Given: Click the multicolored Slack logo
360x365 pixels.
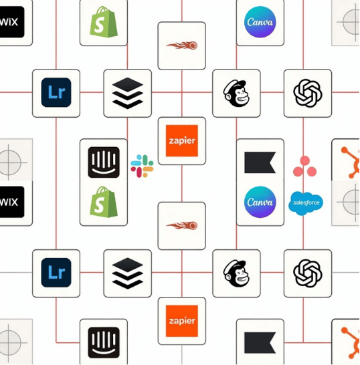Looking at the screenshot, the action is [142, 166].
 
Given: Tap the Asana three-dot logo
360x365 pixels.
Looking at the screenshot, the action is [304, 166].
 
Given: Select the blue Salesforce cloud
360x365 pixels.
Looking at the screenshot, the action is [306, 203].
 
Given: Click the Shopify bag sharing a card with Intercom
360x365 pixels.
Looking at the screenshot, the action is [104, 202].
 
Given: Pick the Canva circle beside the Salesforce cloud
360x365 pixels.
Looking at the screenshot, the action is [260, 202].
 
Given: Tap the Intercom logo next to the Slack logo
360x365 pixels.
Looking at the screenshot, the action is [104, 162].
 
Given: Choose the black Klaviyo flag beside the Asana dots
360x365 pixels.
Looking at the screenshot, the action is [260, 162].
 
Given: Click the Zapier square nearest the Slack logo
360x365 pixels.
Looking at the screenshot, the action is [182, 141].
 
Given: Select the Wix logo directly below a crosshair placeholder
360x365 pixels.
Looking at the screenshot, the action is [11, 202].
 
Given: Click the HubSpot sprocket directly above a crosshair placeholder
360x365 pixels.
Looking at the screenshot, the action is [351, 162].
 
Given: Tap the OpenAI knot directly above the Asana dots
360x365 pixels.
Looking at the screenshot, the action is [308, 93].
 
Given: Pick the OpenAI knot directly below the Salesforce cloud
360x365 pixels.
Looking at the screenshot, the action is [308, 273].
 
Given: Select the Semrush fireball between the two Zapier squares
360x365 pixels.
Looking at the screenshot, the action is [182, 225].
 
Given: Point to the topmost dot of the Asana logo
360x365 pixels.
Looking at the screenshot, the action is [304, 160].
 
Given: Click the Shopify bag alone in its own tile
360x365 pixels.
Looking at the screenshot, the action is [104, 21].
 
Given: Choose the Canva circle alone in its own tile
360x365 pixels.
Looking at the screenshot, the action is [260, 22].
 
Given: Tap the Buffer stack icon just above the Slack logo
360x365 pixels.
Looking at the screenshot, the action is [127, 93].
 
